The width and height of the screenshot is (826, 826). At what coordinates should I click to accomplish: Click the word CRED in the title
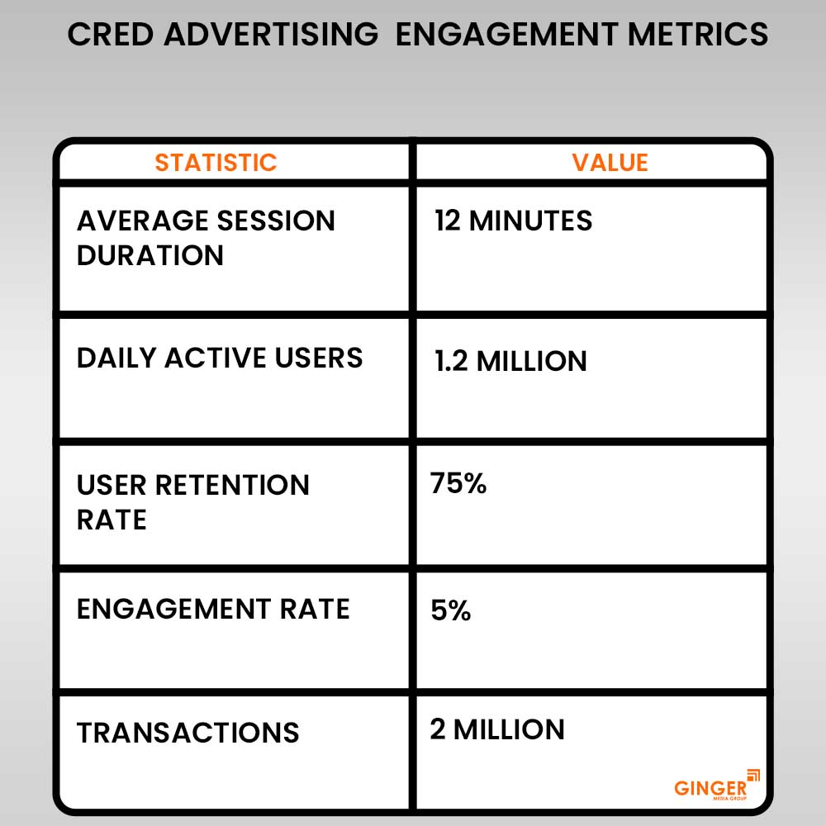pyautogui.click(x=110, y=35)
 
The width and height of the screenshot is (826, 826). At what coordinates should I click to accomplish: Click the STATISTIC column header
pyautogui.click(x=216, y=162)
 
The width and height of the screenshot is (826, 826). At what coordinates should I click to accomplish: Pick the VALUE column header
pyautogui.click(x=610, y=162)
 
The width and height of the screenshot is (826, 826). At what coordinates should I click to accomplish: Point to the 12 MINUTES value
pyautogui.click(x=513, y=221)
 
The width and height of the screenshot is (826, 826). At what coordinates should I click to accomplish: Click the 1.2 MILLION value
pyautogui.click(x=510, y=361)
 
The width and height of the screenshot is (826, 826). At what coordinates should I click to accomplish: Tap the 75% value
pyautogui.click(x=458, y=484)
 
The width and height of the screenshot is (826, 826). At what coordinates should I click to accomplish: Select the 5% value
pyautogui.click(x=451, y=611)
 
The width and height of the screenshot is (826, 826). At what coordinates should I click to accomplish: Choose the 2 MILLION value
pyautogui.click(x=497, y=729)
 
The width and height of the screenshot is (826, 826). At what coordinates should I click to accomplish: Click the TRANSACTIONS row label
pyautogui.click(x=188, y=733)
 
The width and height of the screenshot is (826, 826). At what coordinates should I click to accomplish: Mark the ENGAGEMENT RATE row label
pyautogui.click(x=213, y=610)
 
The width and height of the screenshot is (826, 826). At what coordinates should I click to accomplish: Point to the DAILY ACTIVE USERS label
pyautogui.click(x=220, y=358)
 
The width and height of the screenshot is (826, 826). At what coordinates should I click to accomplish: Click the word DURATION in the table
pyautogui.click(x=150, y=255)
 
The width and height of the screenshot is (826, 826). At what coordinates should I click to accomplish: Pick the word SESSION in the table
pyautogui.click(x=276, y=221)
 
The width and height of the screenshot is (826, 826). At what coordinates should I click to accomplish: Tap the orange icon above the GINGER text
pyautogui.click(x=753, y=775)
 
